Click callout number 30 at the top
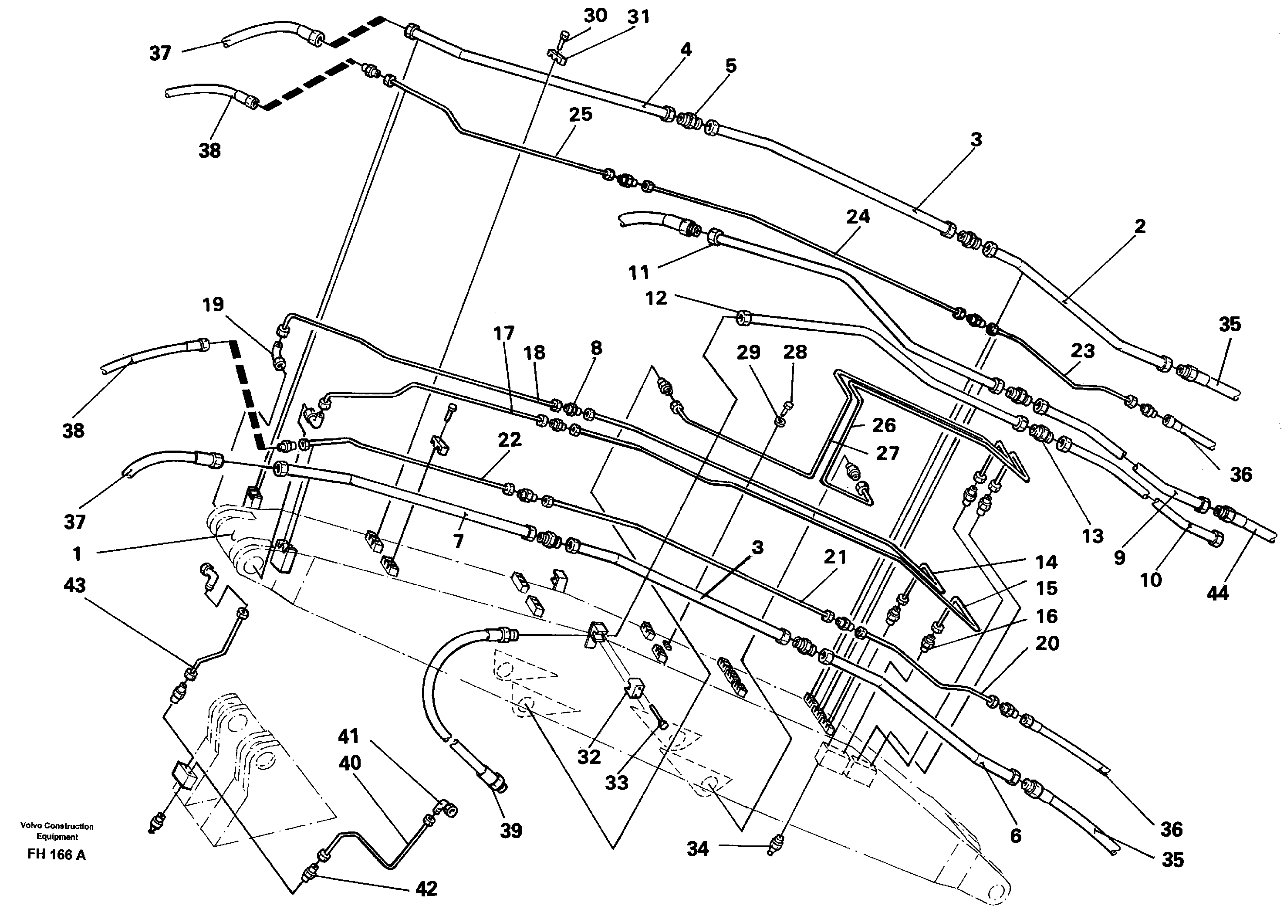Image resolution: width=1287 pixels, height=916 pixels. click(595, 15)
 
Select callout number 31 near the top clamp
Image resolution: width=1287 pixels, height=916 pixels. click(638, 17)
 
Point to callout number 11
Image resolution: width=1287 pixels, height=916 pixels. click(638, 273)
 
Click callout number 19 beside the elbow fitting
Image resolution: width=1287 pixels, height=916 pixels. click(213, 305)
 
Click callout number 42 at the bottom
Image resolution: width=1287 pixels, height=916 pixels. click(426, 889)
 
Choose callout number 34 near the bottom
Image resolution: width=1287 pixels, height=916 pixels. click(697, 848)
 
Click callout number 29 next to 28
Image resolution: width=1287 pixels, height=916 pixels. click(749, 352)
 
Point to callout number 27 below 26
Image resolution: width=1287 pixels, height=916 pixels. click(887, 453)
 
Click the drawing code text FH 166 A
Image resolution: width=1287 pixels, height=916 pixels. click(56, 855)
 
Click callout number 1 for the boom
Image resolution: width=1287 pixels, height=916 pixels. click(77, 554)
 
